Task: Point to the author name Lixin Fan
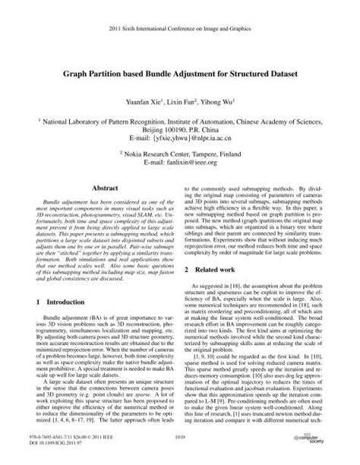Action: [x=187, y=100]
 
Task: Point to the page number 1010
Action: [x=180, y=437]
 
